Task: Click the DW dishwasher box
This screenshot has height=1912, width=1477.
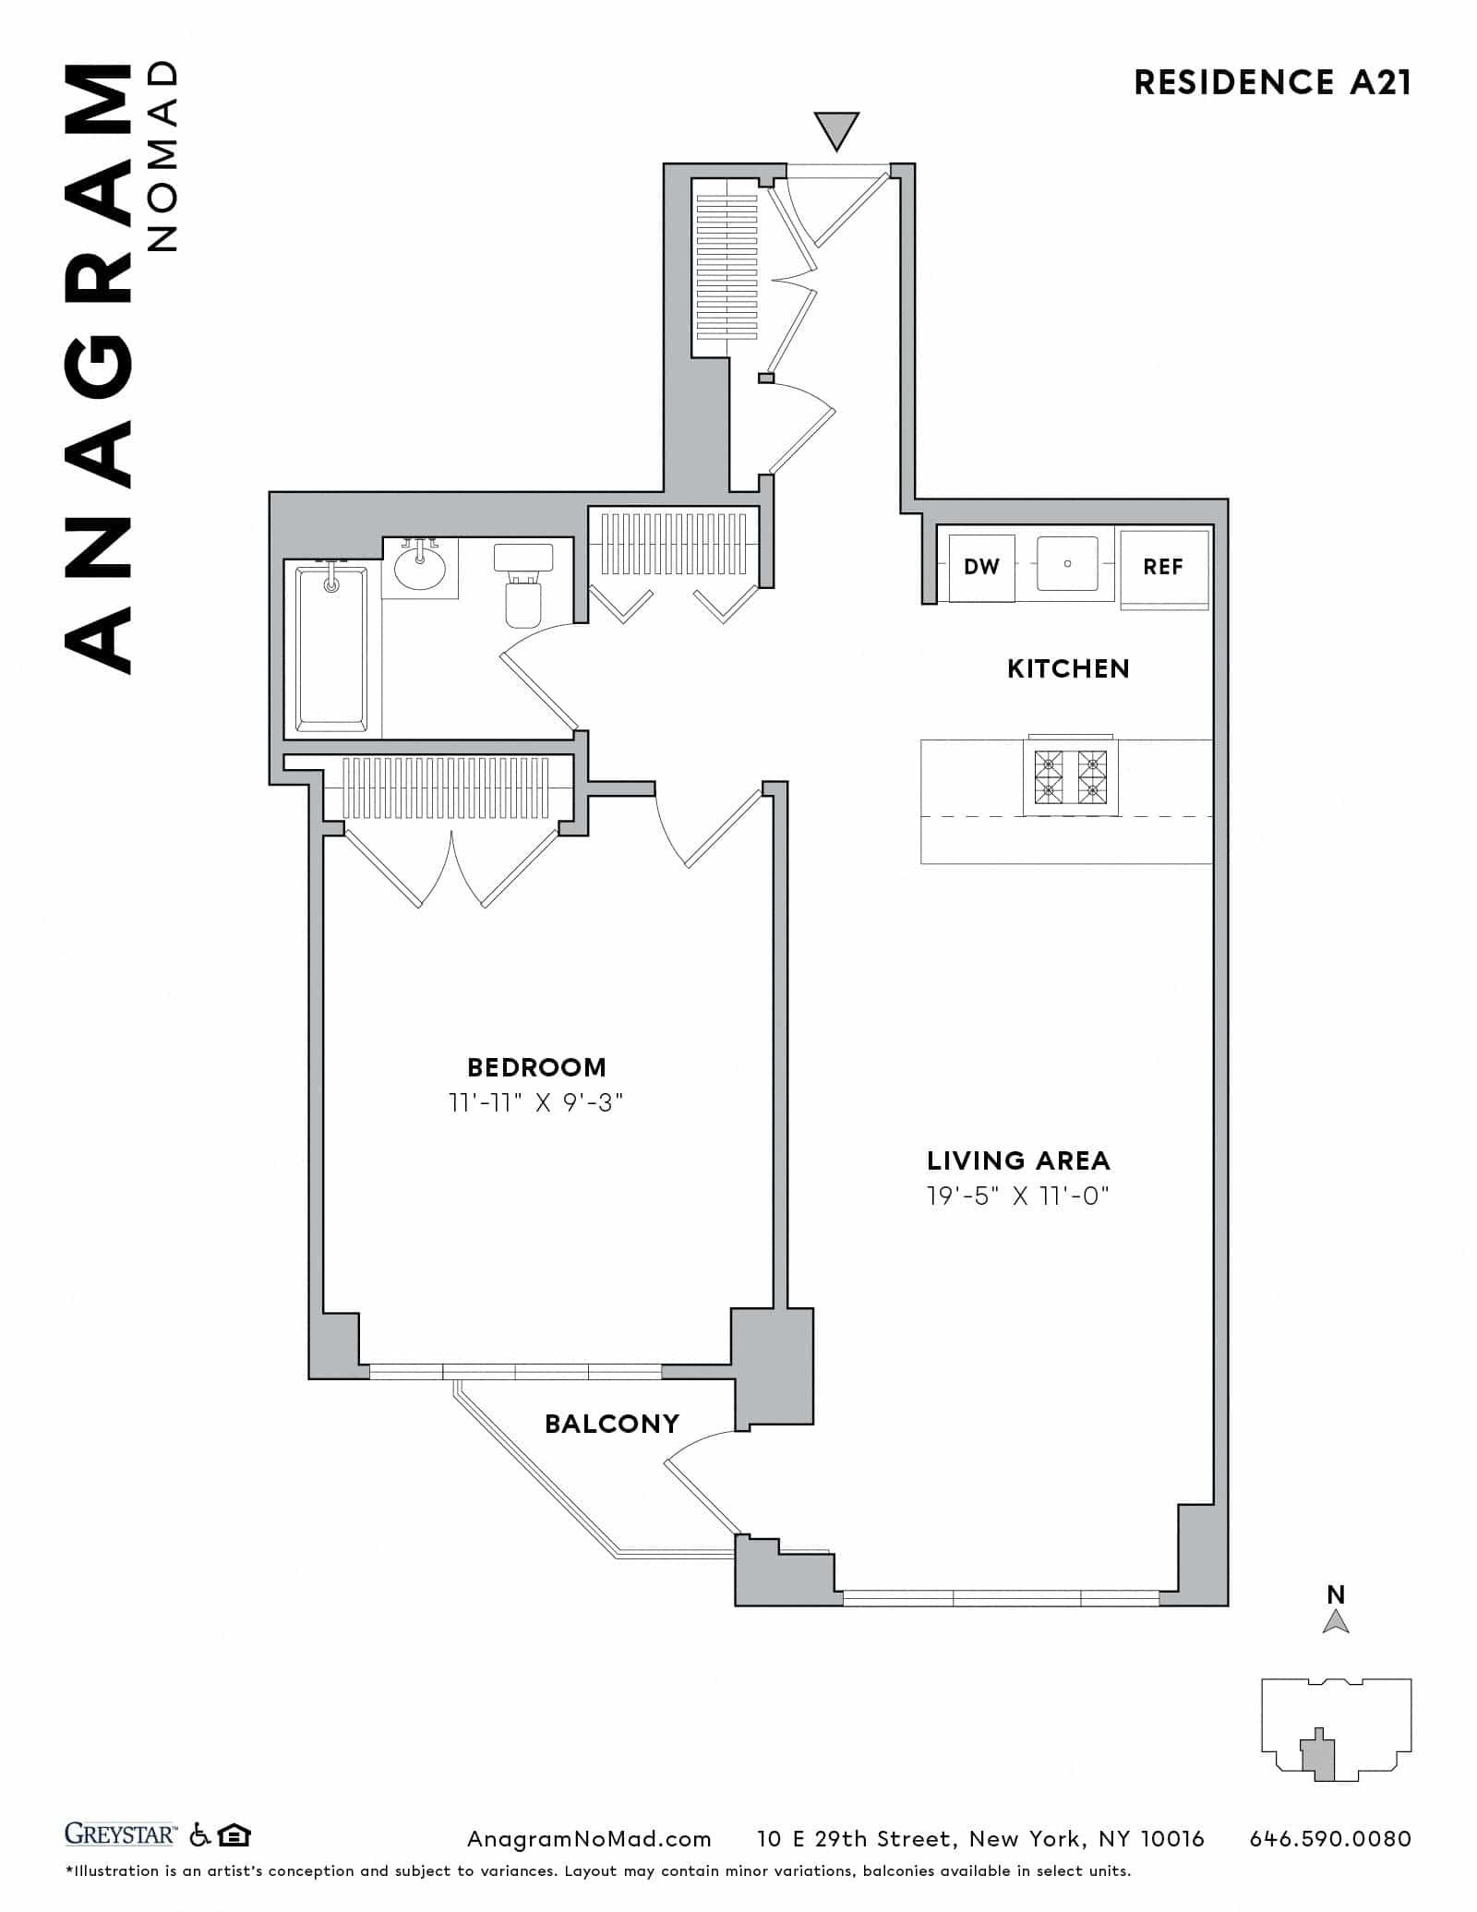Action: point(981,567)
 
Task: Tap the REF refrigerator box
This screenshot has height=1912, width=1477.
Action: point(1162,567)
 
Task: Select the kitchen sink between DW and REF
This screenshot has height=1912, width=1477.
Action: point(1067,563)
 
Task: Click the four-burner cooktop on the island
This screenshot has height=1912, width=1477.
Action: point(1070,776)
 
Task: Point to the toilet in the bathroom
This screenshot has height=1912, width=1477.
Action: point(522,591)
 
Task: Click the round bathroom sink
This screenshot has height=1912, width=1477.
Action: point(420,567)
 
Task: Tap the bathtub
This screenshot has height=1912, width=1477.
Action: point(331,651)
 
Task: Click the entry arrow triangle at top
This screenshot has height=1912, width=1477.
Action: point(836,128)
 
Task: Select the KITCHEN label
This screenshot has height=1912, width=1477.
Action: point(1068,668)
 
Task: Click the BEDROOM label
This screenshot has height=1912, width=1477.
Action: point(536,1067)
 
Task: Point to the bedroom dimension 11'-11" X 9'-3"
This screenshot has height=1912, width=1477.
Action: point(536,1102)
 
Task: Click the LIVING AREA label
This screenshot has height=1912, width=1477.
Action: point(1018,1160)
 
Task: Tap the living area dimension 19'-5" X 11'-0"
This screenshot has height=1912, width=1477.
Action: point(1017,1197)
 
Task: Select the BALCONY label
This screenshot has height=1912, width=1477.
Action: point(612,1424)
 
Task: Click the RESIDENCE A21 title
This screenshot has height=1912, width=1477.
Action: point(1272,83)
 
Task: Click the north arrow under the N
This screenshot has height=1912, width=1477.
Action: point(1336,1622)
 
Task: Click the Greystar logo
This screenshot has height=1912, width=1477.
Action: point(119,1834)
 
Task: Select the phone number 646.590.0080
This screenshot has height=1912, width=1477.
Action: point(1330,1839)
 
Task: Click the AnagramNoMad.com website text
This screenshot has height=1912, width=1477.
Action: point(589,1839)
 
